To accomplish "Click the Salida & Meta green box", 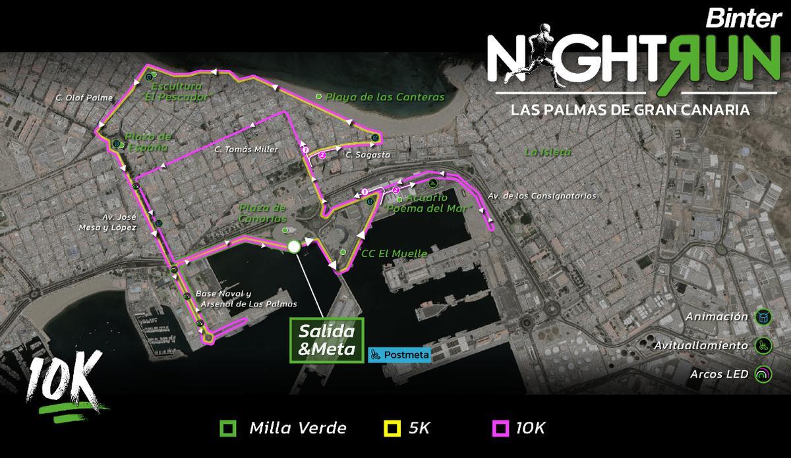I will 326,340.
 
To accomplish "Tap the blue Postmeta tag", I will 399,355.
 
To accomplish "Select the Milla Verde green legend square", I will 227,428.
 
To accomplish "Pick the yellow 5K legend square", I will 392,428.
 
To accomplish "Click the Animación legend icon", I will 763,317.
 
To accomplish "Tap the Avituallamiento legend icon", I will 763,345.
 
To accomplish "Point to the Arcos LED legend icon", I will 763,374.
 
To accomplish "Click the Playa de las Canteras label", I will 385,97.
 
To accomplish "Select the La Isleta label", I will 547,152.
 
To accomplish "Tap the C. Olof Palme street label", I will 84,98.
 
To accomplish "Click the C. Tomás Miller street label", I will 246,150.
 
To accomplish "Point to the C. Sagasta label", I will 367,155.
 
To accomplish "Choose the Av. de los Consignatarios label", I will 541,196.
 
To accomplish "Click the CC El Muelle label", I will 394,253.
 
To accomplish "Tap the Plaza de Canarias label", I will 262,213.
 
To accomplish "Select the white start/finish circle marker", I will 294,247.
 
